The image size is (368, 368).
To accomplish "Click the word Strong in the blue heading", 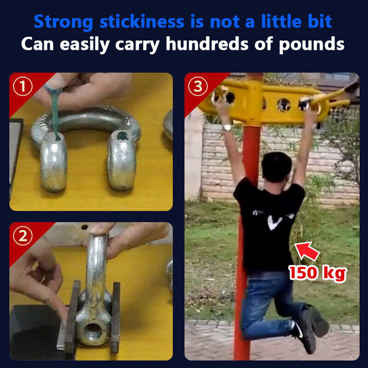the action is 63,22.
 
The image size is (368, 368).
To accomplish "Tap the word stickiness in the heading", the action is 142,21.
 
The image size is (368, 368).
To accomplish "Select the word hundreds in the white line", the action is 207,44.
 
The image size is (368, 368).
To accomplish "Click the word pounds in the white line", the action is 311,45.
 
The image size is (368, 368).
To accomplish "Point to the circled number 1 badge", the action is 23,86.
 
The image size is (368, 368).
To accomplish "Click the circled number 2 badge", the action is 23,236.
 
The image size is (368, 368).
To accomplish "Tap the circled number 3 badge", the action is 198,86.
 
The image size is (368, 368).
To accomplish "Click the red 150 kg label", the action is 317,273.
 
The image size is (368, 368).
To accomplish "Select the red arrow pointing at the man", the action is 307,251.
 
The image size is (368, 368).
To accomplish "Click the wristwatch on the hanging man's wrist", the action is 227,127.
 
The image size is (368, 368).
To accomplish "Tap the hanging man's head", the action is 277,167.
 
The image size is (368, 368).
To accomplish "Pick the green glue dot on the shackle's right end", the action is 121,136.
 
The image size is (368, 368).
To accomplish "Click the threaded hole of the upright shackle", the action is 93,331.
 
